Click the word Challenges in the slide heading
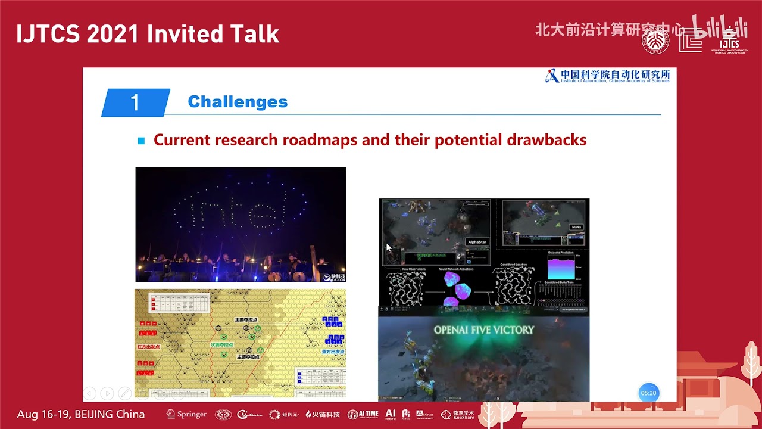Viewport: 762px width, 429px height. pos(238,102)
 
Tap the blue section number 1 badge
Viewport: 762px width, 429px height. pos(135,102)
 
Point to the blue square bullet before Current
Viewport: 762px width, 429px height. pos(141,141)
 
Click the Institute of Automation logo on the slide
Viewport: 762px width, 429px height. pos(607,76)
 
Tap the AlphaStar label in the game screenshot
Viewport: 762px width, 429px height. pos(477,243)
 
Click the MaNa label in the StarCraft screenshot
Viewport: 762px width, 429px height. pos(576,227)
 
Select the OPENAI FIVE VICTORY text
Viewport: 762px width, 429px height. pos(483,329)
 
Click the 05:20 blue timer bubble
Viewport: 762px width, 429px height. pos(648,393)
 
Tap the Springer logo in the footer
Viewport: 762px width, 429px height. pos(186,414)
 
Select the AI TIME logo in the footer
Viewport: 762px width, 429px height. pos(362,414)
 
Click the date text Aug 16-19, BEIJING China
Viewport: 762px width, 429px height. pos(81,414)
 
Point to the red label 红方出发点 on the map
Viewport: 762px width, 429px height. pos(149,346)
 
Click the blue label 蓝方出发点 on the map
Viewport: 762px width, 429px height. pos(333,352)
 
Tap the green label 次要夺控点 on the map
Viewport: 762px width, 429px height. pos(221,344)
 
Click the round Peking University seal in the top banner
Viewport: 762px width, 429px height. pos(655,41)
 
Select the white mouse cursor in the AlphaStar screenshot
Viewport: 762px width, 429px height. pos(389,247)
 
